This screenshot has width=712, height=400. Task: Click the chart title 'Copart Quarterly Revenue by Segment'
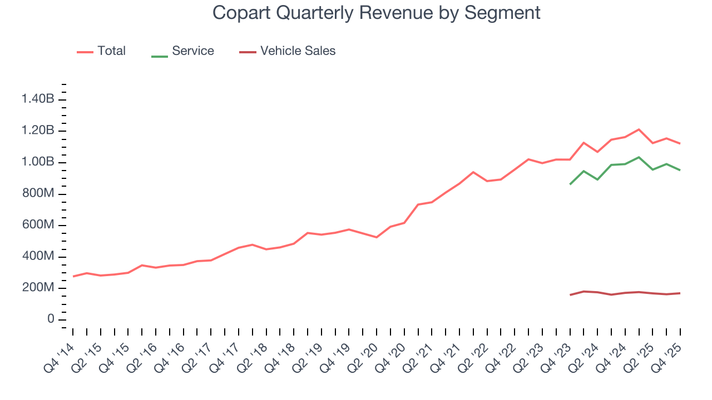[377, 13]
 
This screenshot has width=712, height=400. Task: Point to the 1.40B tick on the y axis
[38, 99]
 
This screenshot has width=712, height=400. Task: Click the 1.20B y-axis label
[38, 131]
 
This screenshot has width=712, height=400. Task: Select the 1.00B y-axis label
[38, 162]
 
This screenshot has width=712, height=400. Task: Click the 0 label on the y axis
[51, 319]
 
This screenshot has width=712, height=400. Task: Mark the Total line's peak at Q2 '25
[639, 129]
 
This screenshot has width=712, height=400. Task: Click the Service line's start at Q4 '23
[570, 184]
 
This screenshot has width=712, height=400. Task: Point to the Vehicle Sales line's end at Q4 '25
[680, 293]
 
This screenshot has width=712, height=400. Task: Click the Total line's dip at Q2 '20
[377, 237]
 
